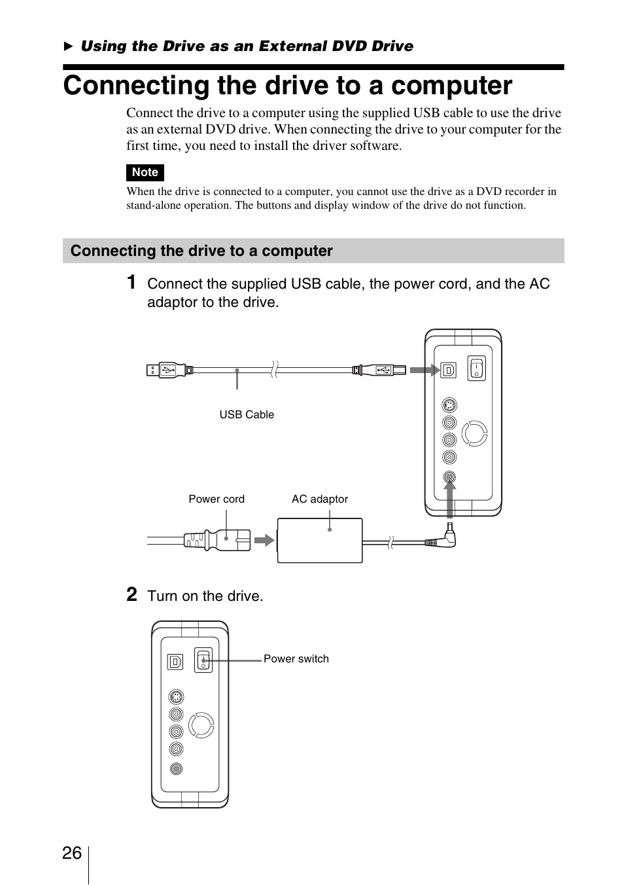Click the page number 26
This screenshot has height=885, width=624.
72,853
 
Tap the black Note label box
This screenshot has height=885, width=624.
145,172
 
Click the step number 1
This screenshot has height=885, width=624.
131,282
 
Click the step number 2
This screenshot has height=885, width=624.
131,594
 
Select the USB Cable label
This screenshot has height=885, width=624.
247,414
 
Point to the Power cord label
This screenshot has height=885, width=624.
217,499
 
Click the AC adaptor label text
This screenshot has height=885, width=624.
319,499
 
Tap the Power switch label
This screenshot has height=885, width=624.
296,659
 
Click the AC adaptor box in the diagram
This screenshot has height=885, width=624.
320,540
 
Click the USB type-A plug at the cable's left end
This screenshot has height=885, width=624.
167,370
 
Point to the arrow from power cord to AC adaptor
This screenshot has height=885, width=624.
264,540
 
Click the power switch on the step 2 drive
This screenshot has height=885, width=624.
203,660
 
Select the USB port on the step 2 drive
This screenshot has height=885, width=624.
175,662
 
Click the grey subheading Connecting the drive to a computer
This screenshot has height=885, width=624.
201,251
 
